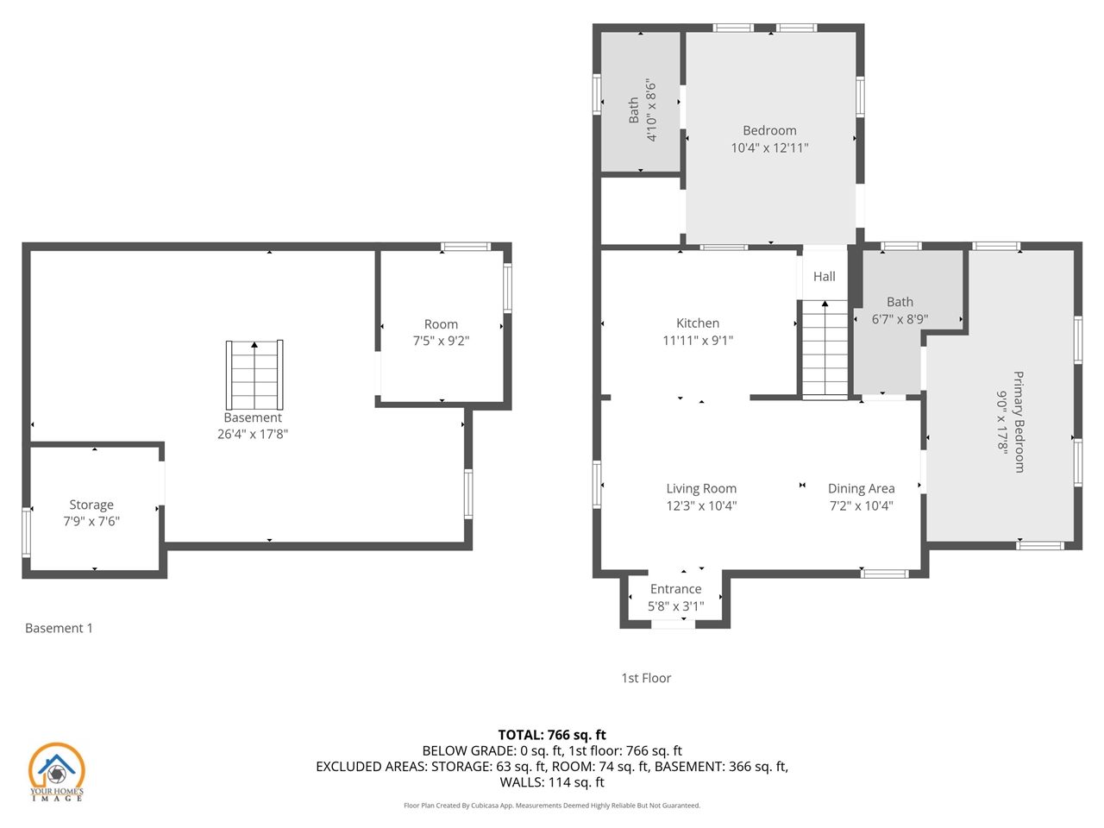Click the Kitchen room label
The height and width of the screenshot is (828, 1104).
click(697, 323)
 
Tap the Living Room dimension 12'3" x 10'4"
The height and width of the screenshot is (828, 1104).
click(701, 506)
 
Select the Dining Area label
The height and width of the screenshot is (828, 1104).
click(861, 489)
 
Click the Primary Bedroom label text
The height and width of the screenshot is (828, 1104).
click(1019, 422)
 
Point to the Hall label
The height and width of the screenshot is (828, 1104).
click(824, 277)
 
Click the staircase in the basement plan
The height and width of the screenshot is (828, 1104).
click(254, 375)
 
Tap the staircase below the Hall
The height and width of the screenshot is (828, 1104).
click(825, 349)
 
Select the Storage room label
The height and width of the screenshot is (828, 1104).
click(91, 505)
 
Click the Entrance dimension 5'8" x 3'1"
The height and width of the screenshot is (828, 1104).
click(675, 606)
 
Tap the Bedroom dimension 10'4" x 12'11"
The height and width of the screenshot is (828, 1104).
click(769, 148)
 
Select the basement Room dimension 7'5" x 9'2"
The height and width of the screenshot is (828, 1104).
click(441, 341)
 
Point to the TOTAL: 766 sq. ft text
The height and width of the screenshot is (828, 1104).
click(552, 735)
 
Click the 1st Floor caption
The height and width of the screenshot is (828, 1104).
click(646, 678)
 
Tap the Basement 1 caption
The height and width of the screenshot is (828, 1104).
click(59, 628)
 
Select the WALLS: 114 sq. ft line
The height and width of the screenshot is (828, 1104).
click(552, 782)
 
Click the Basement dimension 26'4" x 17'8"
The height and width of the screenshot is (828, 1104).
click(252, 434)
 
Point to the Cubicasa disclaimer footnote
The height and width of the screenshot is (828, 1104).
click(552, 806)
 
